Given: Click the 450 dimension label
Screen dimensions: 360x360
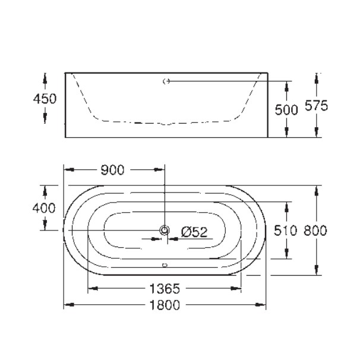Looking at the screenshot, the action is click(45, 99).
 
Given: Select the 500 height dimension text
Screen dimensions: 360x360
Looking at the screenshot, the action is click(286, 110).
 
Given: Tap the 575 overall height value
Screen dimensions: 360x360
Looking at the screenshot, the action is click(317, 106).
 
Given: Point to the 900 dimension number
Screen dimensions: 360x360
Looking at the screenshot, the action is click(112, 170).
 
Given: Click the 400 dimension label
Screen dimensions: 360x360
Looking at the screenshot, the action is click(44, 209).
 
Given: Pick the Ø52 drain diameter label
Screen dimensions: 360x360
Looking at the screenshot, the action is click(194, 232).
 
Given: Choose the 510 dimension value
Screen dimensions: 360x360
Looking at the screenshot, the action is click(285, 230).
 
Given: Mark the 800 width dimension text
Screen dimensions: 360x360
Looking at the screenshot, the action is click(315, 230).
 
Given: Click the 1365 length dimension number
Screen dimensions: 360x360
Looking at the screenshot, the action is click(165, 289).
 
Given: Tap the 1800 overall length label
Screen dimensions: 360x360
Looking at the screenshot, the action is click(165, 305).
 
